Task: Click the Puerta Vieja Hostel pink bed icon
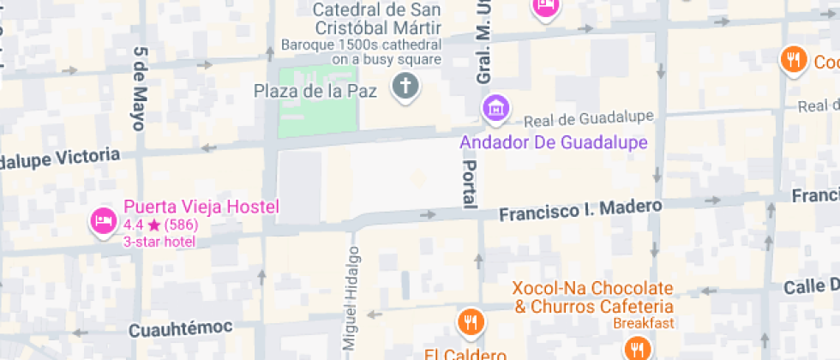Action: [103, 221]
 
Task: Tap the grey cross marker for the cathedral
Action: [405, 86]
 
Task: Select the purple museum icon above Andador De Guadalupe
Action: [495, 109]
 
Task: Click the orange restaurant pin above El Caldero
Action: [471, 322]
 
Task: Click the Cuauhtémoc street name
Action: [181, 329]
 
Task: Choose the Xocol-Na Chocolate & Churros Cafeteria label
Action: [593, 297]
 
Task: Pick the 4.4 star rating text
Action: [161, 225]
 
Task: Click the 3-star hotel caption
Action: [159, 242]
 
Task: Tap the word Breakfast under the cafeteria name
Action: [645, 323]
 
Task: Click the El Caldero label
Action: [465, 353]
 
